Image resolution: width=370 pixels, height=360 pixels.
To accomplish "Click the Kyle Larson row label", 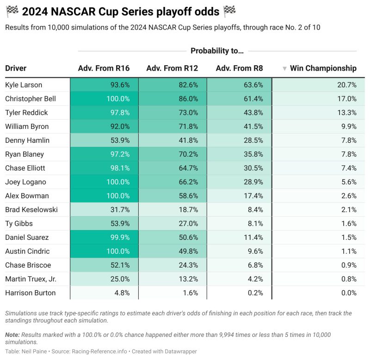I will pos(24,85).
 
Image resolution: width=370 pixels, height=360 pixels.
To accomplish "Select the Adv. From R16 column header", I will pos(104,68).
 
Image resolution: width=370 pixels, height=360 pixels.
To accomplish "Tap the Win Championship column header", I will pos(323,68).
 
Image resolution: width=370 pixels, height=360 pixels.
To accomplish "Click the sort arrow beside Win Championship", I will pos(284,69).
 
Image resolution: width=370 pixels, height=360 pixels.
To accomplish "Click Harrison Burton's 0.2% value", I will pos(254,293).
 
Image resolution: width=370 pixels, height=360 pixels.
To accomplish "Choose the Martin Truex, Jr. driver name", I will pos(31,279).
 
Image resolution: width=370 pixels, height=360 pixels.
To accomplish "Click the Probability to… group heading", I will pos(217,51).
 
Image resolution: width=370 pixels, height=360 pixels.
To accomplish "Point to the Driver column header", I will pos(16,68).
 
